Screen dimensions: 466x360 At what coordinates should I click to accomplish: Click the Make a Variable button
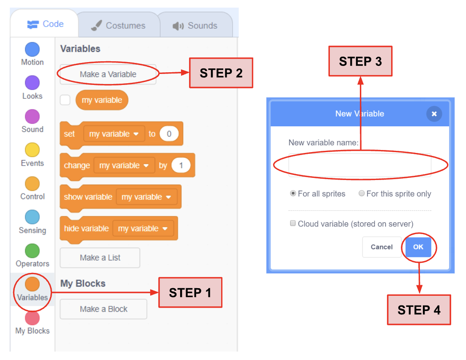pos(108,74)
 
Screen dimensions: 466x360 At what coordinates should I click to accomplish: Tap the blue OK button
pos(418,247)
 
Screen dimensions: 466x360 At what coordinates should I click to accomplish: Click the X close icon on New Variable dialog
pos(434,114)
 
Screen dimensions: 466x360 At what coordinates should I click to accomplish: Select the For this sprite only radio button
pos(362,194)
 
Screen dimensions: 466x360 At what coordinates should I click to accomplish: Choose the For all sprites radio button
pos(293,194)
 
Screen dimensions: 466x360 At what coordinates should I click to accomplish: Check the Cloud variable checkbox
pos(293,223)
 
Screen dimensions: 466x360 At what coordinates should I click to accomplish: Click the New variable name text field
pos(359,165)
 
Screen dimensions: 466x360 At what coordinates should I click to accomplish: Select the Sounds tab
pos(195,25)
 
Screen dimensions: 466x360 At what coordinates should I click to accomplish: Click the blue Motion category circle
pos(33,49)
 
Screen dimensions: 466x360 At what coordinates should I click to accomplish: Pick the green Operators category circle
pos(33,251)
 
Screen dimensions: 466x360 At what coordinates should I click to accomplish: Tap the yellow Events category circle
pos(33,150)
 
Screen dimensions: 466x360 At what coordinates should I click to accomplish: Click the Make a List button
pos(100,257)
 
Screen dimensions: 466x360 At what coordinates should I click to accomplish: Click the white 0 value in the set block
pos(169,134)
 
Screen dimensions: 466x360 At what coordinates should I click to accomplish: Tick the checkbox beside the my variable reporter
pos(65,100)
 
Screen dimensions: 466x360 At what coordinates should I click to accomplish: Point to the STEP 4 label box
pos(419,310)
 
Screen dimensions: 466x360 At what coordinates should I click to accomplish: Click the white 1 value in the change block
pos(181,165)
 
